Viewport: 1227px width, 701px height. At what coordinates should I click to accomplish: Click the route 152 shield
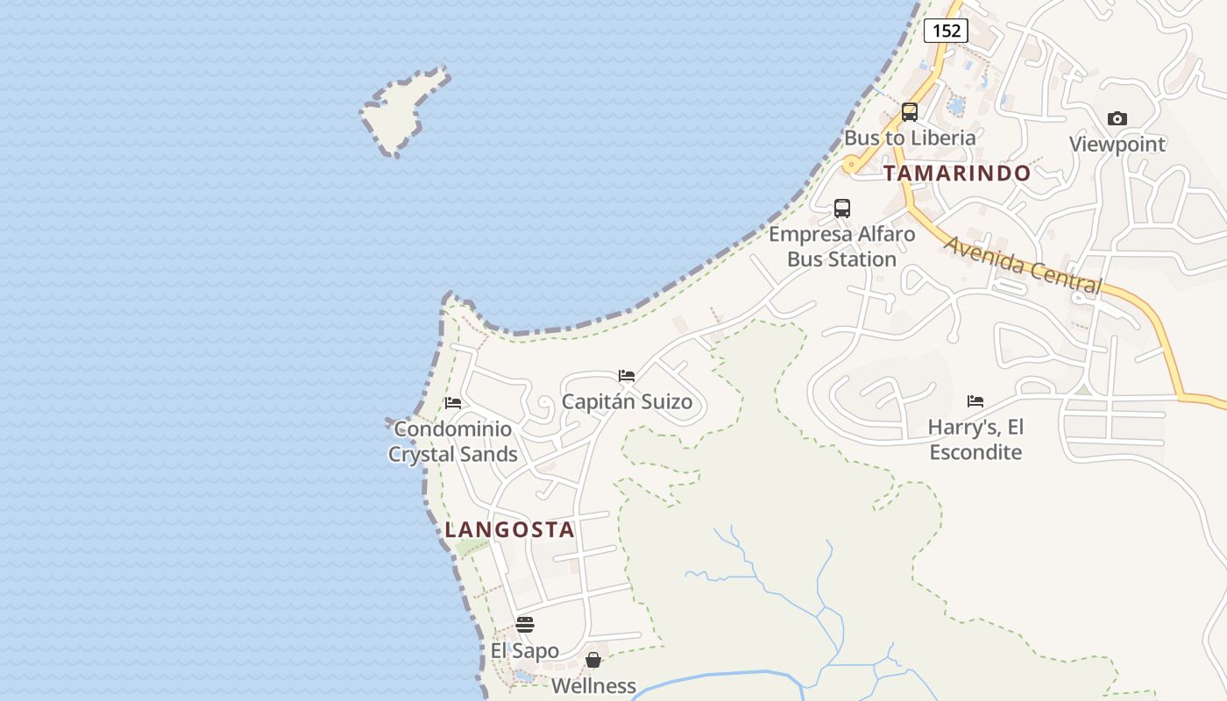[x=946, y=31]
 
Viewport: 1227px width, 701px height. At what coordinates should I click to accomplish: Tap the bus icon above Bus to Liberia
[x=910, y=112]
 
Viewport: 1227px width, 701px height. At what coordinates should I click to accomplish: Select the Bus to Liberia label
[x=910, y=138]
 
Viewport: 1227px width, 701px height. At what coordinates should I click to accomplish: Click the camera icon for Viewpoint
[x=1117, y=118]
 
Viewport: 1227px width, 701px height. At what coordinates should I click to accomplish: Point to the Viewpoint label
[x=1117, y=144]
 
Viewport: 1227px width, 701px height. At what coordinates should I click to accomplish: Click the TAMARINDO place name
[x=957, y=173]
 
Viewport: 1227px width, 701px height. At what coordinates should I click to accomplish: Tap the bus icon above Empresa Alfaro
[x=842, y=209]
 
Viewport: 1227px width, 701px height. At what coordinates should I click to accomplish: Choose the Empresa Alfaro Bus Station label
[x=842, y=247]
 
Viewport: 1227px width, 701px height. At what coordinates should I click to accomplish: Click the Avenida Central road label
[x=1022, y=266]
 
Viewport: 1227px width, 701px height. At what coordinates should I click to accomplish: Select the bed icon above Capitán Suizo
[x=627, y=376]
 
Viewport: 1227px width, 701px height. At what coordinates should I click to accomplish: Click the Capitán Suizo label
[x=627, y=402]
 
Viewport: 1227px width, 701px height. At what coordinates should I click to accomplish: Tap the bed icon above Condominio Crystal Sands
[x=453, y=403]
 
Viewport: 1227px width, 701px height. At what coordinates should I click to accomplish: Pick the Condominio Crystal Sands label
[x=453, y=442]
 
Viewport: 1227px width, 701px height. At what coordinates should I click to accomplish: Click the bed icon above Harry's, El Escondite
[x=975, y=401]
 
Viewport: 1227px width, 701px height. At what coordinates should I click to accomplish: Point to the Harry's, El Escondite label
[x=975, y=440]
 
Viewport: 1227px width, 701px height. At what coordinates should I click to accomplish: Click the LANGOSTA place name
[x=509, y=529]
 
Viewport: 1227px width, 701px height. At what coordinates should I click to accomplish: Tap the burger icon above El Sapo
[x=525, y=625]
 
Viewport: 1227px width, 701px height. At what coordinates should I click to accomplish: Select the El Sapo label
[x=525, y=651]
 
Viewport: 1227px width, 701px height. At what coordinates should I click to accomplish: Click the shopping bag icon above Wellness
[x=593, y=660]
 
